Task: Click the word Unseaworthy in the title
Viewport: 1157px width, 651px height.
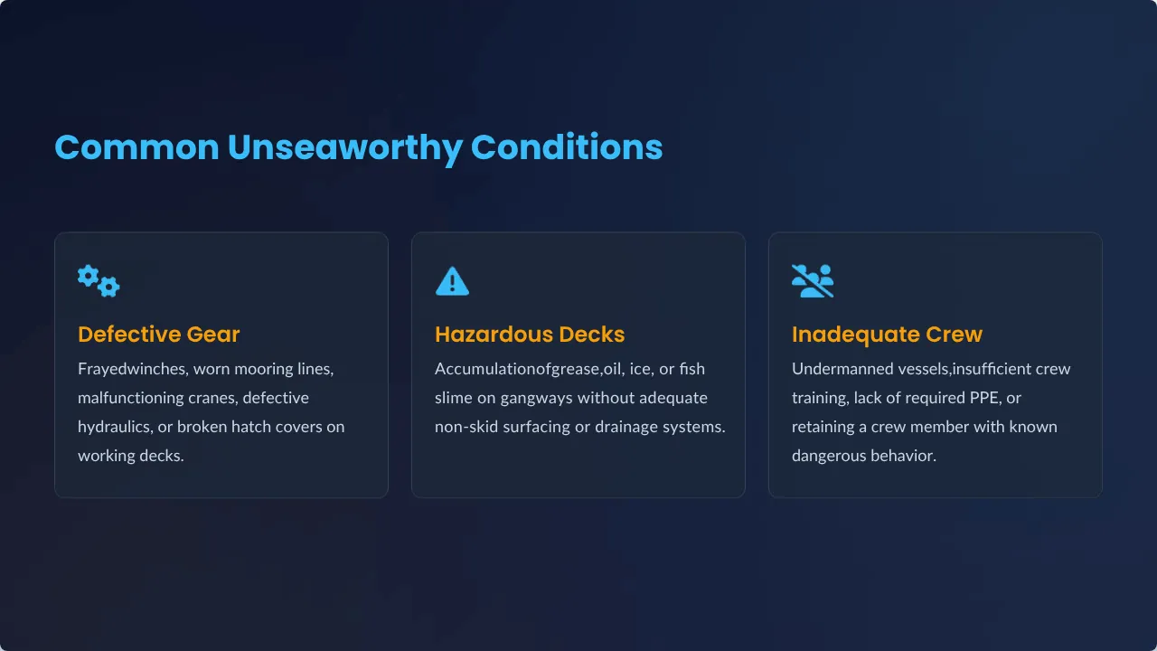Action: click(344, 149)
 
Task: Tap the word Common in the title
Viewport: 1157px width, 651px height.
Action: click(136, 147)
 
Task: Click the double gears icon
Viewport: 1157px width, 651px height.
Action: click(99, 281)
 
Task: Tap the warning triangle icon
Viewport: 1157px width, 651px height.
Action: click(452, 281)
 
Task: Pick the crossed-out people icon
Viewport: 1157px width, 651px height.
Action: click(813, 281)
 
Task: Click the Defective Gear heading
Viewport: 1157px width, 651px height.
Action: click(158, 335)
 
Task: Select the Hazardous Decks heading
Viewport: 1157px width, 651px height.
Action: click(530, 335)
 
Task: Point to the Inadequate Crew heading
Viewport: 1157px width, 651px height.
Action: click(887, 335)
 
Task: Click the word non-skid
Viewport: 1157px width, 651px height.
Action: click(466, 427)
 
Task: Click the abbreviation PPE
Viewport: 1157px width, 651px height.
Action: click(984, 398)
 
